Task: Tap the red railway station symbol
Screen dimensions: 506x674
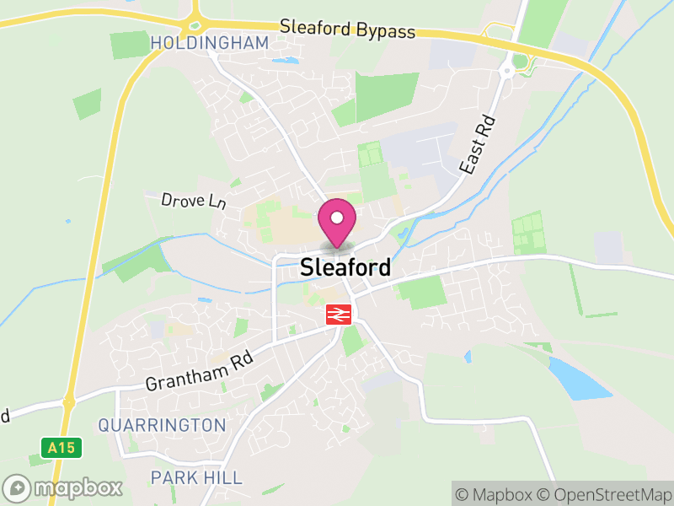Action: pos(339,315)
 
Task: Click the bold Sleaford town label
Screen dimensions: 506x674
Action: pos(345,268)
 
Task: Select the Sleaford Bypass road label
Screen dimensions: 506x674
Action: pos(348,30)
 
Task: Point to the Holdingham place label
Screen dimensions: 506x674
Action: pos(210,43)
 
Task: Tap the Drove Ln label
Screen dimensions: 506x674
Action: pos(195,201)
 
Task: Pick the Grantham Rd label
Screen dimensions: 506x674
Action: pos(200,371)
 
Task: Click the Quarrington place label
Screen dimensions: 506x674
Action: pos(162,425)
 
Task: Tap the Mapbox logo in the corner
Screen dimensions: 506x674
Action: pos(64,487)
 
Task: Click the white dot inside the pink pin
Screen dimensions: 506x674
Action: pos(337,218)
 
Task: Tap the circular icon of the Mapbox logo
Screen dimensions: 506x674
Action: pos(18,487)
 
